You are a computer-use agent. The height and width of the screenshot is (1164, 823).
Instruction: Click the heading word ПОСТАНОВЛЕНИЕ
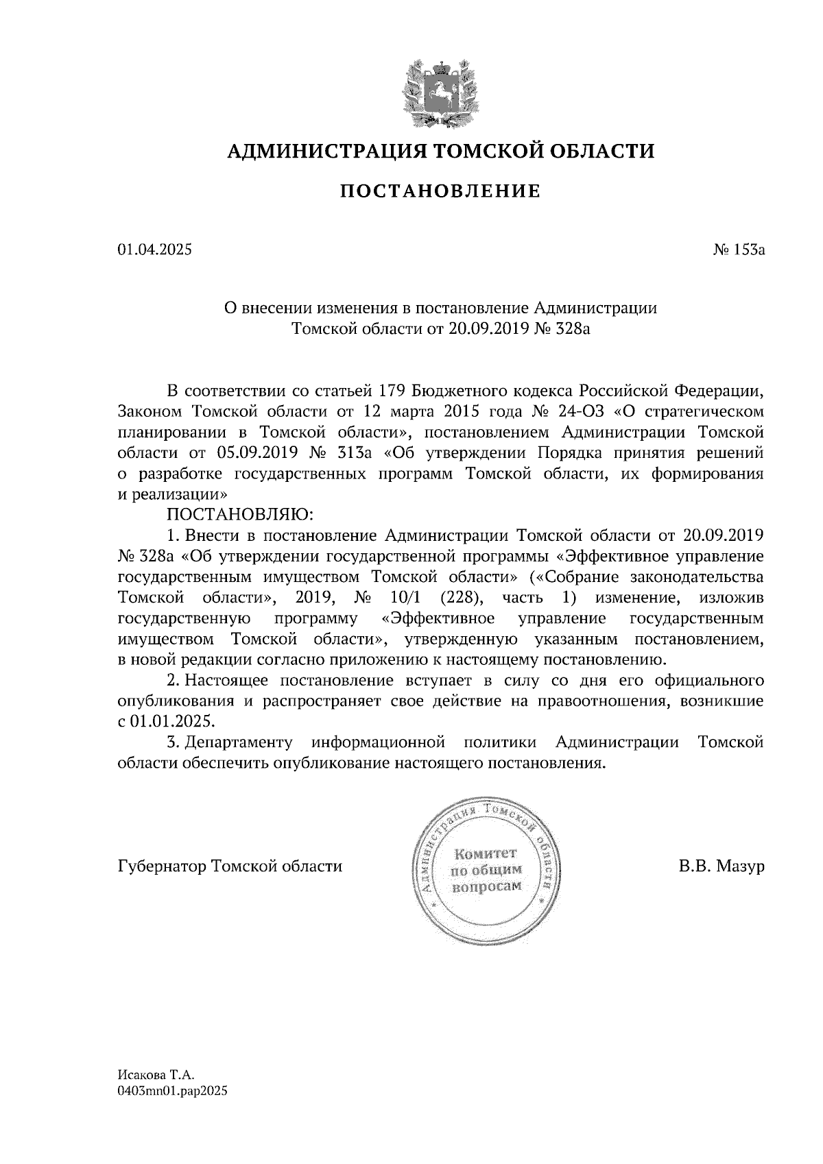pos(441,191)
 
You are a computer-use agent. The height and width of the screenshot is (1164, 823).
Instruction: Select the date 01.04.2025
pos(155,250)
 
